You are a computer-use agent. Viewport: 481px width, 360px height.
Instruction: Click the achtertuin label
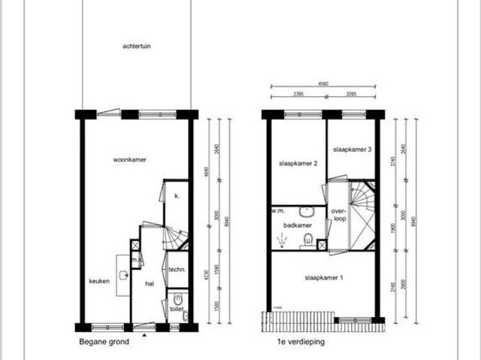[x=137, y=45]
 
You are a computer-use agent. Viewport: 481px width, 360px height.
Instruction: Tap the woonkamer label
[x=129, y=160]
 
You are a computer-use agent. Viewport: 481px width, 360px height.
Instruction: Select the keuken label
[x=99, y=281]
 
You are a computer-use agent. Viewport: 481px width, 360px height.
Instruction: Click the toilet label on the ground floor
[x=177, y=308]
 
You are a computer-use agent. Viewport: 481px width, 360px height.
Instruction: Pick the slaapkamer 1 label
[x=324, y=278]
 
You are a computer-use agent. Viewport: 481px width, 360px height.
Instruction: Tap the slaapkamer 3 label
[x=352, y=150]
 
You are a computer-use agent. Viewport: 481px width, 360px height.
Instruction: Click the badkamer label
[x=298, y=224]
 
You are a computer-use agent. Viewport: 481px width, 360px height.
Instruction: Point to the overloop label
[x=337, y=216]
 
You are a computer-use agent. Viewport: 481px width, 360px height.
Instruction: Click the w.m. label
[x=277, y=211]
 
